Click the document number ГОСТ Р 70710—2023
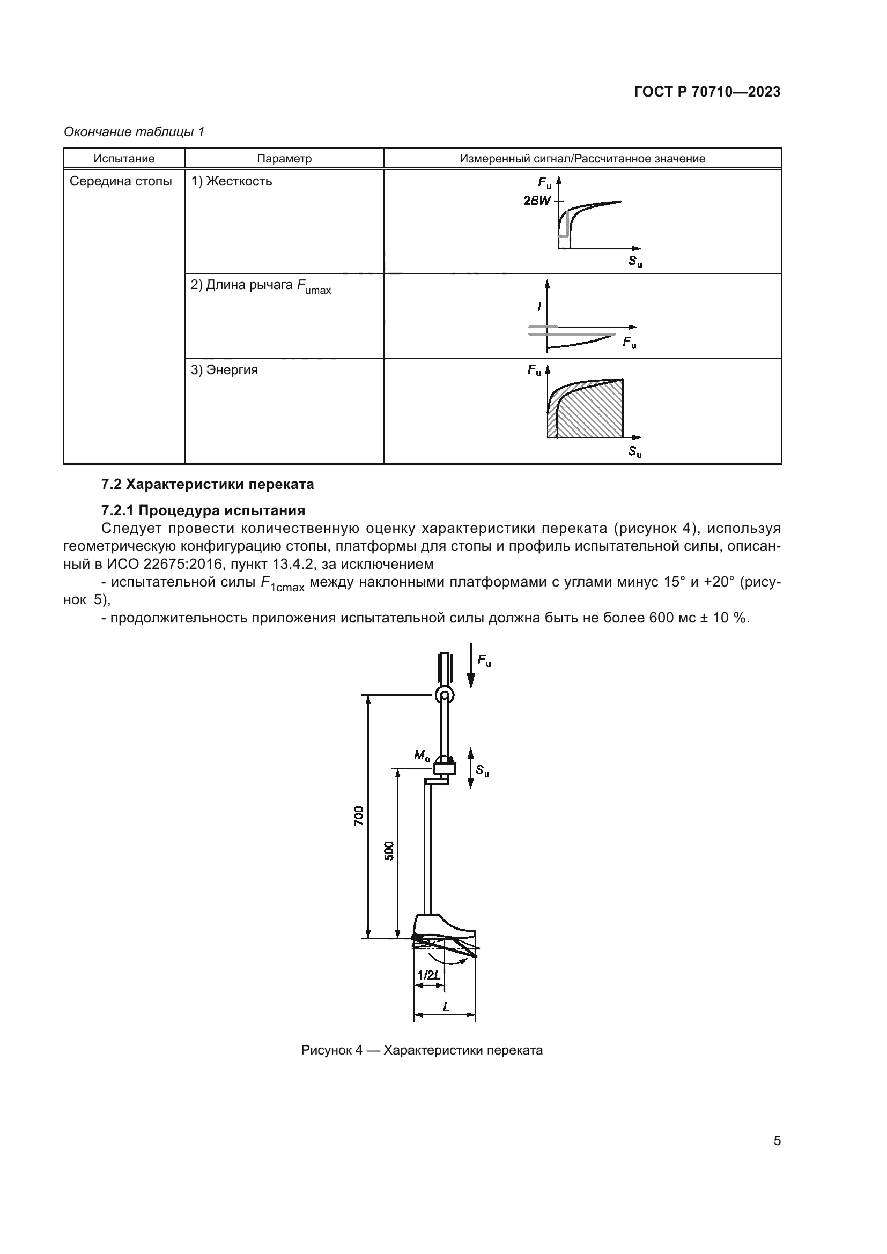tap(707, 92)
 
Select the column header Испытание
tap(124, 158)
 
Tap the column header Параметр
tap(284, 158)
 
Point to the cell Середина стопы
tap(121, 181)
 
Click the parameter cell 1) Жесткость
tap(232, 181)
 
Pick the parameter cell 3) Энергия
tap(224, 370)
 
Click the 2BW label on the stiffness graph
tap(537, 201)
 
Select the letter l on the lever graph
tap(539, 307)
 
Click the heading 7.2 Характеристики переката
tap(208, 485)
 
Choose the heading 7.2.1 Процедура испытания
tap(203, 511)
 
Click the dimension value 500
tap(389, 851)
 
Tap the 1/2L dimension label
tap(429, 975)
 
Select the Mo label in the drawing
tap(422, 755)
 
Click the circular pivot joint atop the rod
tap(445, 695)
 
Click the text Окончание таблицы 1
tap(134, 132)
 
